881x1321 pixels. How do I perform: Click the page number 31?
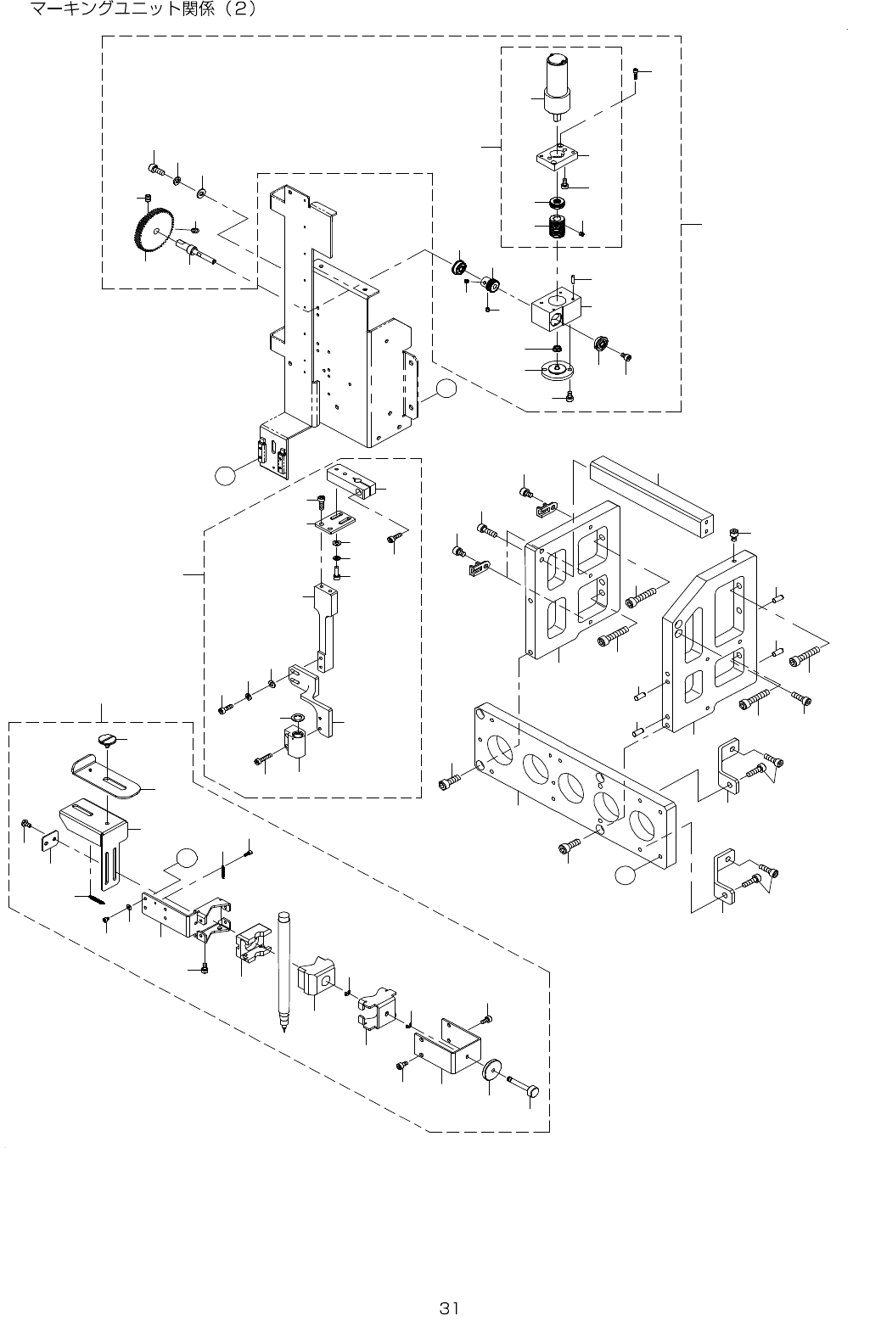click(x=448, y=1307)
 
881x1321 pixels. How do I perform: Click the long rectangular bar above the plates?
click(x=652, y=498)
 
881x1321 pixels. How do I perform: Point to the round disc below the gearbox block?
click(x=557, y=371)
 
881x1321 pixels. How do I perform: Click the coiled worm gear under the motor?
click(x=557, y=227)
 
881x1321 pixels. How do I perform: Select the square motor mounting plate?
click(x=555, y=156)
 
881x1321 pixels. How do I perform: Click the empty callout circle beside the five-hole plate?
click(x=626, y=876)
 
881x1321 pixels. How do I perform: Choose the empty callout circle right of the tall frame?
click(x=446, y=388)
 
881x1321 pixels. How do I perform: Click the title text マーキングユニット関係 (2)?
click(x=143, y=8)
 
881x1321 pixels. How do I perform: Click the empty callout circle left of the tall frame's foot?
click(x=225, y=475)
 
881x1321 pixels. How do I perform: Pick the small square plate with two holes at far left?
click(x=49, y=842)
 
